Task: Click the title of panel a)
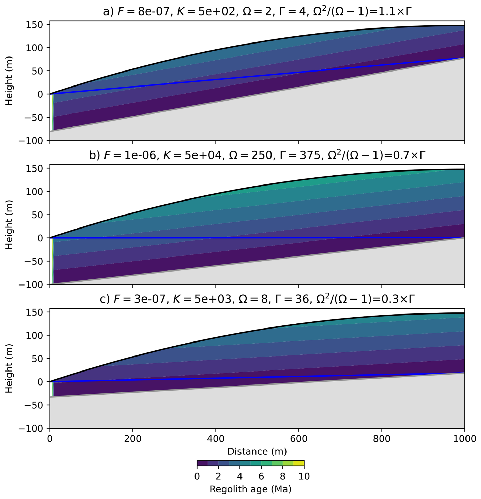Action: coord(257,12)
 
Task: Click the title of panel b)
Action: coord(257,155)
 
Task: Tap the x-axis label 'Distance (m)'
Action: coord(257,451)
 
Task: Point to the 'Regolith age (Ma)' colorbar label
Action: coord(250,489)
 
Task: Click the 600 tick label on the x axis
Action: coord(299,439)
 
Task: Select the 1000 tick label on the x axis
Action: coord(464,439)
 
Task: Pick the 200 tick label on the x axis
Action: coord(132,439)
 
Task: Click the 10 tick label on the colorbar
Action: coord(304,476)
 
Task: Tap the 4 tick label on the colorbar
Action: coord(239,476)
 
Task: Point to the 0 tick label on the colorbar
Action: coord(197,476)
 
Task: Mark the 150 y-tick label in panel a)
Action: coord(34,24)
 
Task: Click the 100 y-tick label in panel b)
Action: coord(34,191)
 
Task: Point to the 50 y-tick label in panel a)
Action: coord(37,71)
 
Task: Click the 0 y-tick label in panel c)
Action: coord(40,382)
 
